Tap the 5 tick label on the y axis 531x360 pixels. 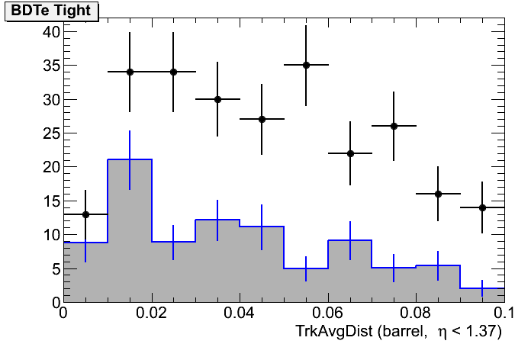point(53,269)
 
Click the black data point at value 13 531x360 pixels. point(85,214)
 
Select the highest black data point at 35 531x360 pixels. point(306,65)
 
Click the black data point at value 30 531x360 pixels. point(217,99)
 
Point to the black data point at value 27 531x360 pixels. point(262,119)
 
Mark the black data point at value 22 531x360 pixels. point(350,153)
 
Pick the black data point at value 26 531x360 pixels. point(394,126)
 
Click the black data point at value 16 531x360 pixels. point(439,194)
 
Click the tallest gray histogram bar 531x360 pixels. point(130,229)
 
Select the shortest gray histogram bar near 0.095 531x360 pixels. point(483,295)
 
